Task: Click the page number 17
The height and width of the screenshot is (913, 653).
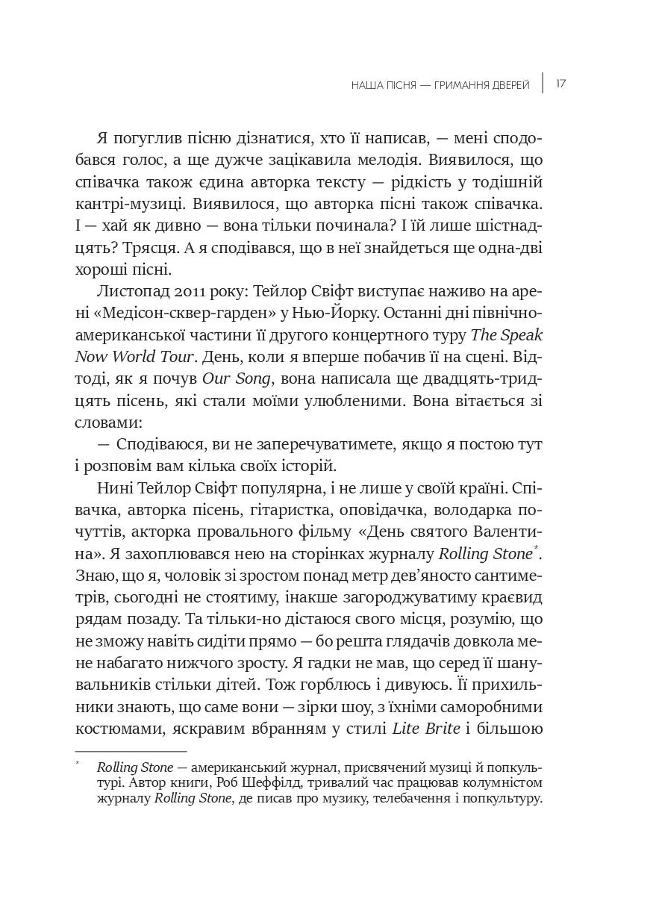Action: tap(560, 84)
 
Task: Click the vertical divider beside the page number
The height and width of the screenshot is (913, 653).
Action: tap(543, 84)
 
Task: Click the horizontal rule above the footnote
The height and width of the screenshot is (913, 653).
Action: tap(131, 751)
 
